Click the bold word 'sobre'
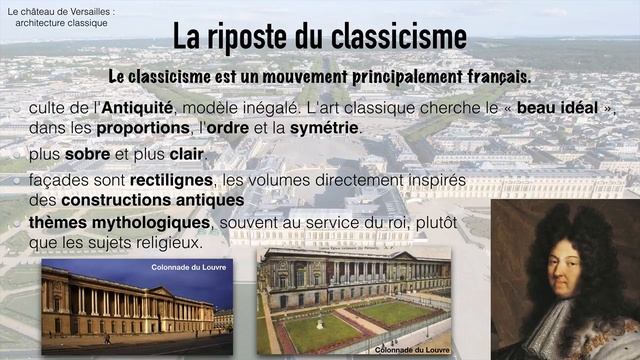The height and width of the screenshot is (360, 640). coord(87,155)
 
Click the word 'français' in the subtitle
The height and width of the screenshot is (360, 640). coord(489,77)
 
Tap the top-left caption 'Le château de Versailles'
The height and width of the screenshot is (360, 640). coord(60,11)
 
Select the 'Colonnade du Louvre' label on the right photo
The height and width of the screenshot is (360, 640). coord(408,350)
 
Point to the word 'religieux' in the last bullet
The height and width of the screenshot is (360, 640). coord(166,242)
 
